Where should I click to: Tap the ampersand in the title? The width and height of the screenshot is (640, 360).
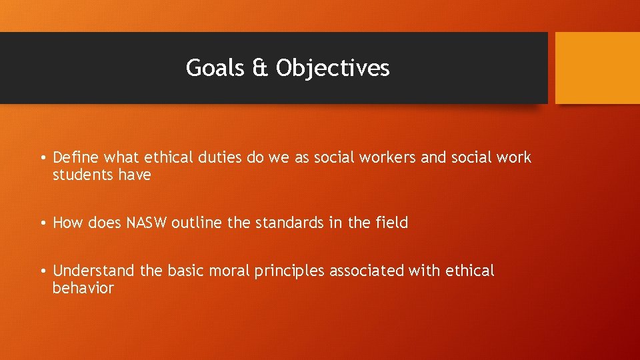260,68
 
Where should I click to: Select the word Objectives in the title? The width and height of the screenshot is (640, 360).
333,68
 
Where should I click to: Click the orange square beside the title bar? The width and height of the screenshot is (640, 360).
597,68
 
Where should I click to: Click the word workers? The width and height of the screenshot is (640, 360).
385,157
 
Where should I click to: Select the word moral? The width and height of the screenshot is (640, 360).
229,271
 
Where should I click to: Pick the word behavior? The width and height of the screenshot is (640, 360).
83,288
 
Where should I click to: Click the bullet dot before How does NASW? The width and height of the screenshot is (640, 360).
42,223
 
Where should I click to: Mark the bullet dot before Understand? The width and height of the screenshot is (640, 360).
42,271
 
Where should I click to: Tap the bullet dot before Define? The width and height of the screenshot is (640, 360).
42,158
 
